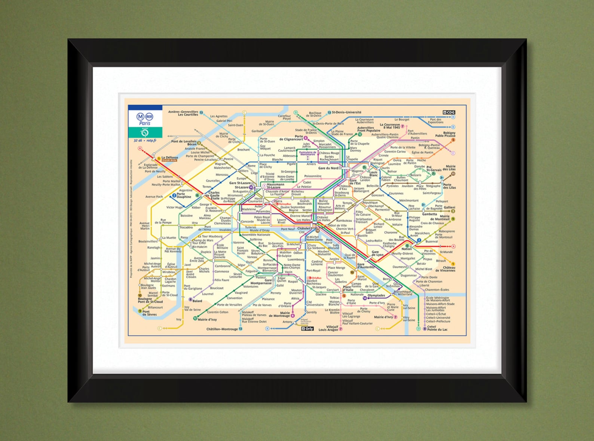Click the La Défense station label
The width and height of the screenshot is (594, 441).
coord(169,158)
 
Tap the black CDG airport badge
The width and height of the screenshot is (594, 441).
coord(449,112)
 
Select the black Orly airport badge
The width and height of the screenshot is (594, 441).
coord(307,329)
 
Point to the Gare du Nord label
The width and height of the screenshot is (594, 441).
coord(328,168)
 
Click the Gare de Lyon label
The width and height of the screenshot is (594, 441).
coord(377,253)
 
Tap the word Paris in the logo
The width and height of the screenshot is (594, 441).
coord(145,123)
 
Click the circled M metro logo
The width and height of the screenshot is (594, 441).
coord(140,117)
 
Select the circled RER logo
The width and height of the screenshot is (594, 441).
coord(149,117)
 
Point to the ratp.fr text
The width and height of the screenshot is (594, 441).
coord(151,140)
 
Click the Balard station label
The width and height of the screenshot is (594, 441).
coord(197,301)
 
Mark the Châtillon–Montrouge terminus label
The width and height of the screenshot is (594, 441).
coord(222,329)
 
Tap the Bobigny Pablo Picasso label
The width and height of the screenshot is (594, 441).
coord(445,134)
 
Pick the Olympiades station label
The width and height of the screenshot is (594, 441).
coord(376,295)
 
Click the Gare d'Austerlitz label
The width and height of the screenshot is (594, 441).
coord(366,266)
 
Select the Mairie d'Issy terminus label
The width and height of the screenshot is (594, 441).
coord(207,319)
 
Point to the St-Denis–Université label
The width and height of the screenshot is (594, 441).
coord(346,112)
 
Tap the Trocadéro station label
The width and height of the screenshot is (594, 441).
coord(186,227)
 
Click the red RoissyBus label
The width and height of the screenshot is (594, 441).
coord(285,204)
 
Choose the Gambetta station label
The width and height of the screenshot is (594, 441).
coord(429,214)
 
